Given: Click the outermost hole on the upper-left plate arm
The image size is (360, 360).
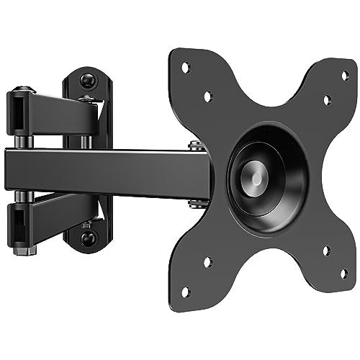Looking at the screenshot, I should [x=185, y=67].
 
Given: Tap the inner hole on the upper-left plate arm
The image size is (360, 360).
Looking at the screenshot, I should [x=207, y=94].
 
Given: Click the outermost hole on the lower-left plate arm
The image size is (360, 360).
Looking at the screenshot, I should [x=184, y=290].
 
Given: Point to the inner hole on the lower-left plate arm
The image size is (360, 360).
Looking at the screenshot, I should [x=207, y=263].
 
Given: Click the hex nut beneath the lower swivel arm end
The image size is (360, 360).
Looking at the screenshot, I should [x=29, y=251].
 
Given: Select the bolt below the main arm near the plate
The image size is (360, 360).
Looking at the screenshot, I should [x=194, y=203].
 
